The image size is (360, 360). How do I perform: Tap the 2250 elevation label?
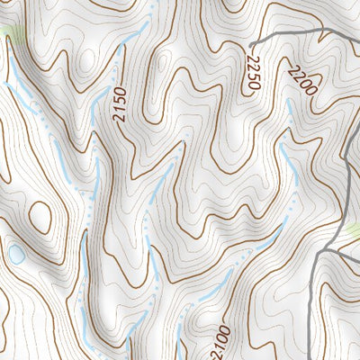tap(251, 70)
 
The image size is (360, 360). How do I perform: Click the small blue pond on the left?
tap(16, 255)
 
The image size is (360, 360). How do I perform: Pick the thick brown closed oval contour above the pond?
tap(40, 217)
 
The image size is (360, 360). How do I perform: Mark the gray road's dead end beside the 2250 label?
tap(251, 44)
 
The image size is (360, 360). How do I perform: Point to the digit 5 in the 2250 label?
tap(251, 75)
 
